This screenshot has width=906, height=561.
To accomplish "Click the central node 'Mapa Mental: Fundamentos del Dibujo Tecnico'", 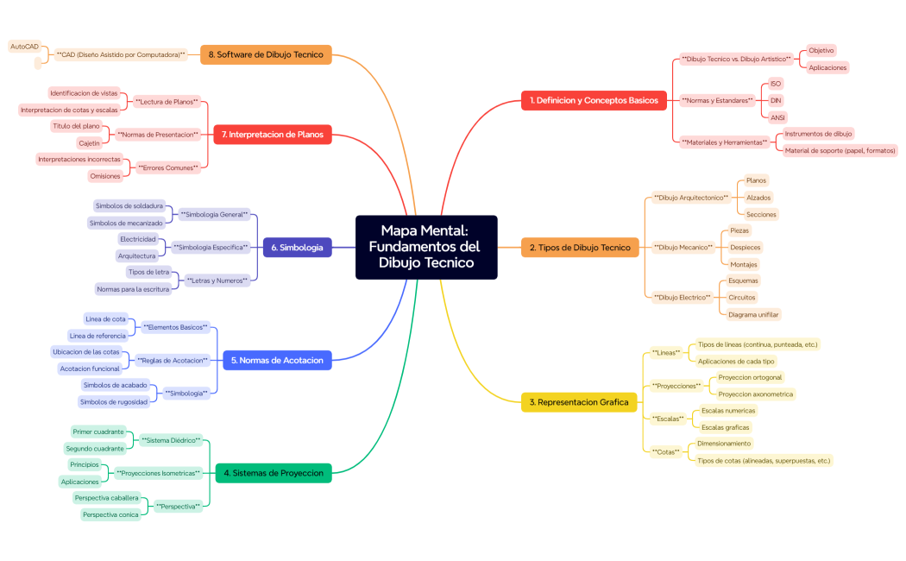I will pos(426,247).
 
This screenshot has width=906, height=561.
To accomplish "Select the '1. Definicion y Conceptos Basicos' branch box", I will pos(594,100).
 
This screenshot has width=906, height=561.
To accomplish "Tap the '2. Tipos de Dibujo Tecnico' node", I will pos(580,248).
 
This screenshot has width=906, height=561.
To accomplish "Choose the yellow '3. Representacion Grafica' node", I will pos(579,402).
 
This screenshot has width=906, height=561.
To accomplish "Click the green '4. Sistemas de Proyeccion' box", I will pos(273,473).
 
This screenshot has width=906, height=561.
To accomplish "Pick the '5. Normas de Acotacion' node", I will pos(277,360).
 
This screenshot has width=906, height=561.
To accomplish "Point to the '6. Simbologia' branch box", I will pos(297,248).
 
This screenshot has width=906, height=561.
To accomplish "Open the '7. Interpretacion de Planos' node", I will pos(272,135).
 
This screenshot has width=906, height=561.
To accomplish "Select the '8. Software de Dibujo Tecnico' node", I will pos(266,54).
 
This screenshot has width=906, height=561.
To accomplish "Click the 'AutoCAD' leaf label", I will pos(24,46).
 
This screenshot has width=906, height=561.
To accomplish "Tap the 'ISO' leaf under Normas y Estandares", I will pos(776,84).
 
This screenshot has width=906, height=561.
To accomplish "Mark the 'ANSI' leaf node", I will pos(777,117).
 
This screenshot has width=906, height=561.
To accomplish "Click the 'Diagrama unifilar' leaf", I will pos(754,314).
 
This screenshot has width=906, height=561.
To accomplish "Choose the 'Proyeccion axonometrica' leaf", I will pos(755,394).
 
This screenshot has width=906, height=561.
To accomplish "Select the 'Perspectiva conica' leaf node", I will pos(110,514).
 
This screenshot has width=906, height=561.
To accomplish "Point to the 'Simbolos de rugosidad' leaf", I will pos(112,401).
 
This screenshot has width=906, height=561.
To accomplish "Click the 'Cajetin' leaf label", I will pos(89,142).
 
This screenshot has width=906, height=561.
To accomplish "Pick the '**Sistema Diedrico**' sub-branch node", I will pos(171,440).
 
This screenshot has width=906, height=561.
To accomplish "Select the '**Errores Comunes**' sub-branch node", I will pos(167,167).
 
